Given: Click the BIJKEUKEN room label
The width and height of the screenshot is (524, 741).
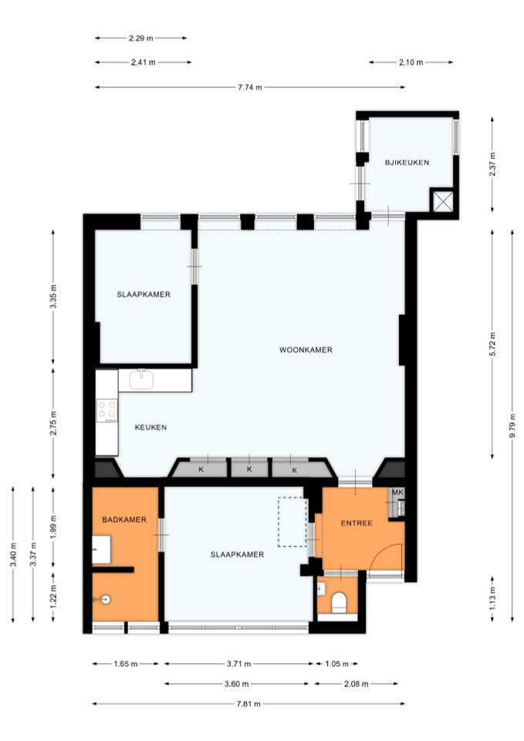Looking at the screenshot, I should pos(407,161).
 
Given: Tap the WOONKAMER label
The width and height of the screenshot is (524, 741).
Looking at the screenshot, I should pos(306,350).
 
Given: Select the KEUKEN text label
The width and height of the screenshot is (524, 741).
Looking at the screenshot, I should pos(150,427).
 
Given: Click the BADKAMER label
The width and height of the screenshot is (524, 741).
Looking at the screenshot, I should pos(124,519).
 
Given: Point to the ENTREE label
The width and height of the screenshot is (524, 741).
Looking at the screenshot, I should pos(357,523).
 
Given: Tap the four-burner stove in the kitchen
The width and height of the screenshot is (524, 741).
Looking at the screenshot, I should pos(106,411).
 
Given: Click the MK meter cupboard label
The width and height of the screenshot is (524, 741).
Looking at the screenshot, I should pos(397,492).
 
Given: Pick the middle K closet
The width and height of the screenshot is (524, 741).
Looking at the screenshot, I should pos(249,469).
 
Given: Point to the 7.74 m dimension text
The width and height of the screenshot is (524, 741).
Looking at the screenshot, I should pos(249,87).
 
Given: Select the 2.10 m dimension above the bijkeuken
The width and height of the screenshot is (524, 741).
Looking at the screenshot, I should pos(411,62).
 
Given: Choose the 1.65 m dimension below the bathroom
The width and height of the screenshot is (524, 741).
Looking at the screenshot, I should pos(125,663).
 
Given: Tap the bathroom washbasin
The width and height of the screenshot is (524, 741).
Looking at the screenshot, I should pos(102,552).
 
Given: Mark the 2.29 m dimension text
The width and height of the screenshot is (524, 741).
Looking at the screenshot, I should pos(140,37).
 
